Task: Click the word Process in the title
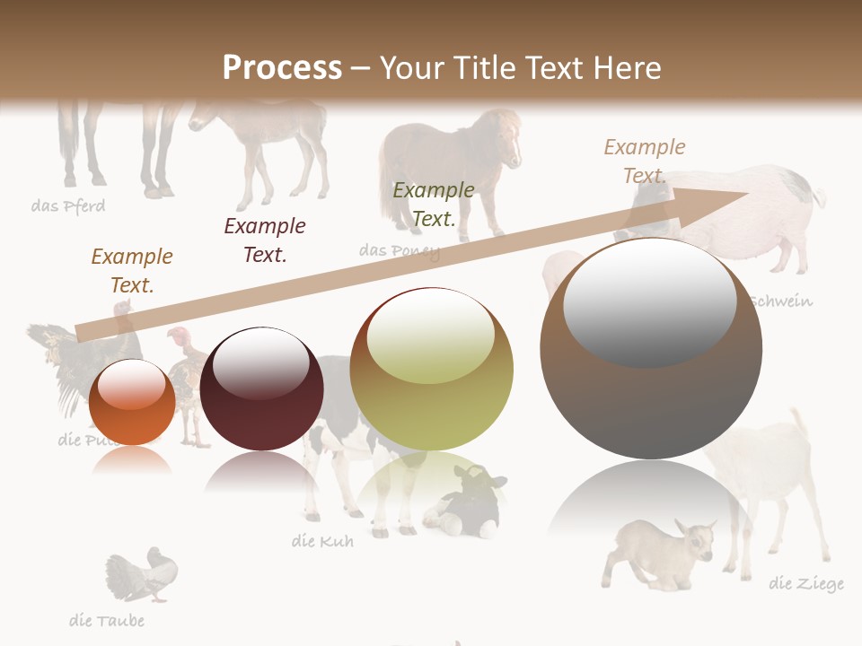[x=282, y=67]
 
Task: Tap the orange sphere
[x=132, y=403]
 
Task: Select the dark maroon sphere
[x=261, y=388]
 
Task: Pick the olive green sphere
[x=432, y=369]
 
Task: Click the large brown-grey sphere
[x=651, y=348]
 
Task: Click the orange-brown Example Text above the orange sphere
[x=132, y=271]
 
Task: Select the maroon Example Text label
[x=265, y=240]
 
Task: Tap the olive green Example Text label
[x=434, y=204]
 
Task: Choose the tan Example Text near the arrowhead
[x=645, y=161]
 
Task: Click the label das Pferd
[x=68, y=206]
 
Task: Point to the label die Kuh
[x=322, y=541]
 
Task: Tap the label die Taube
[x=107, y=620]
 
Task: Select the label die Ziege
[x=806, y=584]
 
